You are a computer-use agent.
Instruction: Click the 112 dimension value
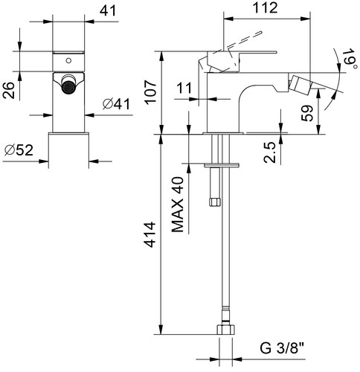click(x=265, y=8)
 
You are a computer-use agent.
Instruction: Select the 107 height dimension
click(x=151, y=92)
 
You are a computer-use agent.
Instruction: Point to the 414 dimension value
click(x=150, y=235)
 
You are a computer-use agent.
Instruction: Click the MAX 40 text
click(x=178, y=205)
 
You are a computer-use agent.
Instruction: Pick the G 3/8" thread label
click(x=282, y=348)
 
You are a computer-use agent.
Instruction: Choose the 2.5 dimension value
click(x=270, y=153)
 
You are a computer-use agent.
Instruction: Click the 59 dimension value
click(x=307, y=113)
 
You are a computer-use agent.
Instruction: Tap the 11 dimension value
click(x=184, y=88)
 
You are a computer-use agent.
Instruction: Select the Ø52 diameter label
click(x=19, y=150)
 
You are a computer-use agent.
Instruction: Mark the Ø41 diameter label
click(x=116, y=104)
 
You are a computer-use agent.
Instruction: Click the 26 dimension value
click(x=9, y=90)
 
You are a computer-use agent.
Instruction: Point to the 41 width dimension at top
click(x=108, y=10)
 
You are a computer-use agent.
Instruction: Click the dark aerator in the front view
click(x=68, y=87)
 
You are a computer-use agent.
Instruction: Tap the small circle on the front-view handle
click(x=68, y=60)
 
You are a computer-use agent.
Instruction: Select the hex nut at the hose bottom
click(x=225, y=330)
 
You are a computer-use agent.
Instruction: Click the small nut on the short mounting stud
click(x=214, y=202)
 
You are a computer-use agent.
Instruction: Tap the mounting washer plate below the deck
click(x=222, y=165)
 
